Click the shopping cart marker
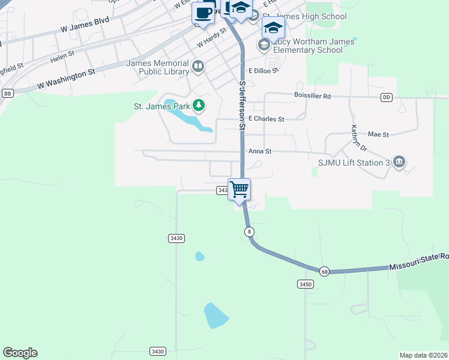point(240,190)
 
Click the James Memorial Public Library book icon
point(198,66)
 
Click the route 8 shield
point(249,232)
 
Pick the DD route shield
point(386,97)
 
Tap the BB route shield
point(8,93)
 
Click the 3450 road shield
point(306,284)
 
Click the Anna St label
point(260,152)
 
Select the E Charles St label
point(266,119)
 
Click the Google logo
point(20,353)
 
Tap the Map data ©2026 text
point(423,355)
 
